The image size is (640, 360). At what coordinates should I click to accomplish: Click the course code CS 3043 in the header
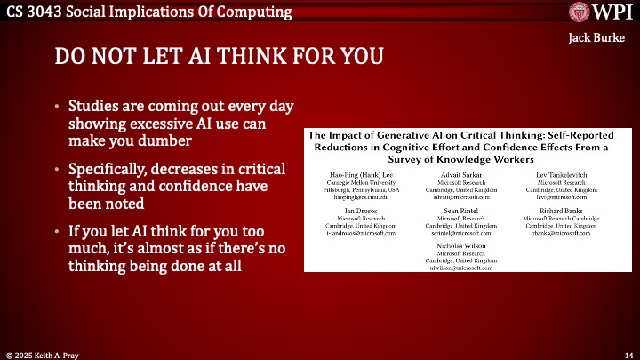[31, 12]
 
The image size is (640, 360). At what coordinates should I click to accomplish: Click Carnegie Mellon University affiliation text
[361, 181]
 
